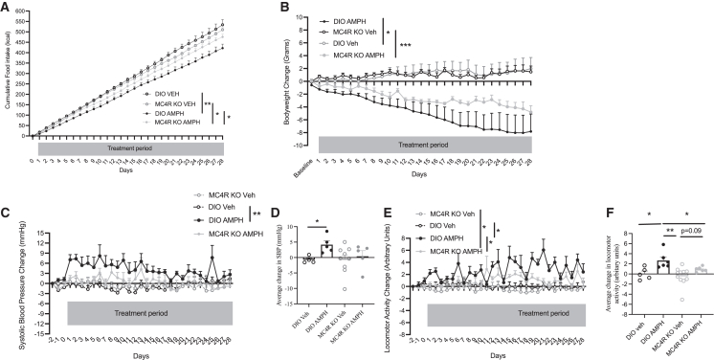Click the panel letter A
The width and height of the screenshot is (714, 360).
pos(6,7)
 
